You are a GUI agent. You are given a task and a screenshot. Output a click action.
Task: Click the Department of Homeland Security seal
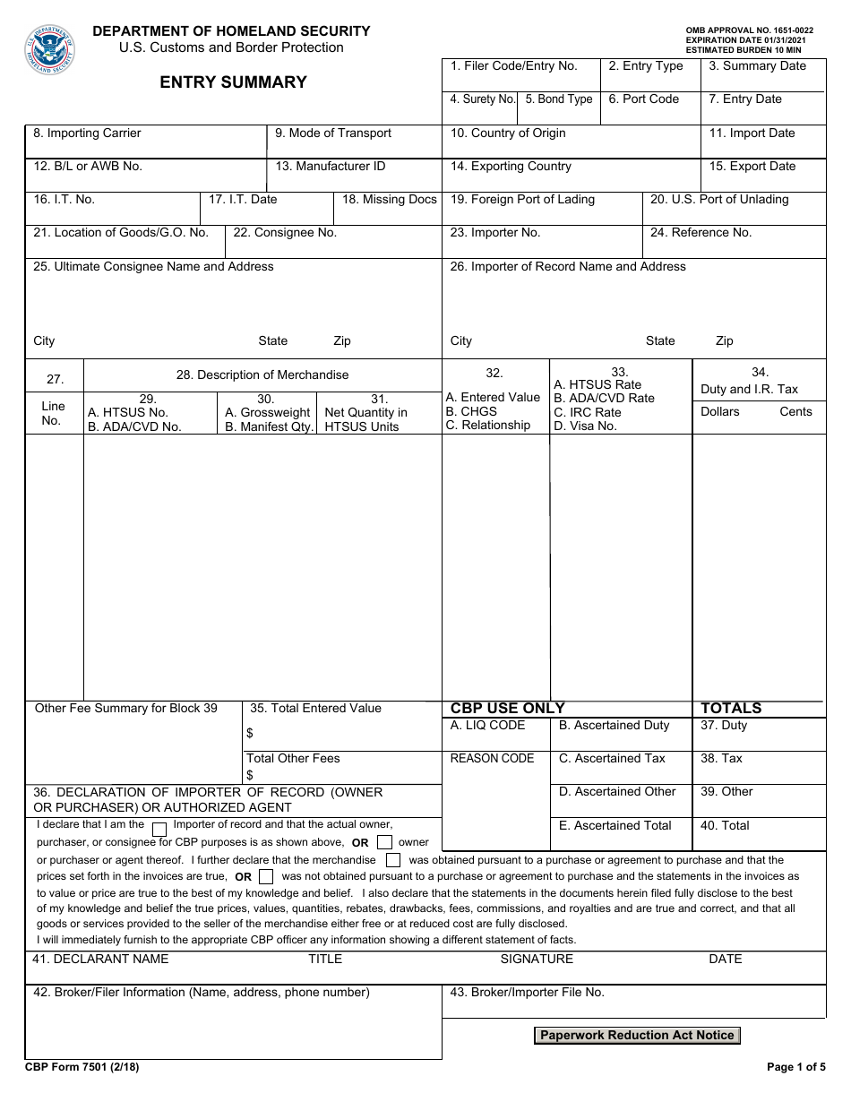click(50, 50)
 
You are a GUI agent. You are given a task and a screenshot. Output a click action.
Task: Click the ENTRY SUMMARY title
click(233, 82)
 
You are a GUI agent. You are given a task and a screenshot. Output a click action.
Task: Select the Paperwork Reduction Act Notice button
click(637, 1035)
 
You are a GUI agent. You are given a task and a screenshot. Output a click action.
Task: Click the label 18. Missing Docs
click(390, 199)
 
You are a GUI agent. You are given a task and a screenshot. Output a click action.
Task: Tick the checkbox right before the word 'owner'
click(384, 842)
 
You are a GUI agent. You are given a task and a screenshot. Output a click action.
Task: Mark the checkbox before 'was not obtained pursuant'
click(266, 877)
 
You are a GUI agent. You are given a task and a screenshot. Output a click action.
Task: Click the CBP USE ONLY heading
click(508, 708)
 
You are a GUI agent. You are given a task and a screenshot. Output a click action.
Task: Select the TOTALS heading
click(731, 708)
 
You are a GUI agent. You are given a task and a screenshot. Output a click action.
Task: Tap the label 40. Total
click(725, 825)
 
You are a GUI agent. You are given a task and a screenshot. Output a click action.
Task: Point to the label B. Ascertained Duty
click(614, 725)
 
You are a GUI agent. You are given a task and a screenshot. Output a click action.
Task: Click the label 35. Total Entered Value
click(315, 708)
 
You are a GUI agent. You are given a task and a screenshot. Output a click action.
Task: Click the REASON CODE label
click(492, 758)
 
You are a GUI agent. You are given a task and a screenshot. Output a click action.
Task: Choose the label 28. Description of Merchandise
click(262, 375)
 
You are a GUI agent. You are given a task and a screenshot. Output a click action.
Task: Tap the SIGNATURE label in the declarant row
click(537, 959)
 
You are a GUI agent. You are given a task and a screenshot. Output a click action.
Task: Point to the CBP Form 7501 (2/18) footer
click(82, 1067)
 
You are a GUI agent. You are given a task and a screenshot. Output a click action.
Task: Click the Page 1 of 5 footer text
click(796, 1067)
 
